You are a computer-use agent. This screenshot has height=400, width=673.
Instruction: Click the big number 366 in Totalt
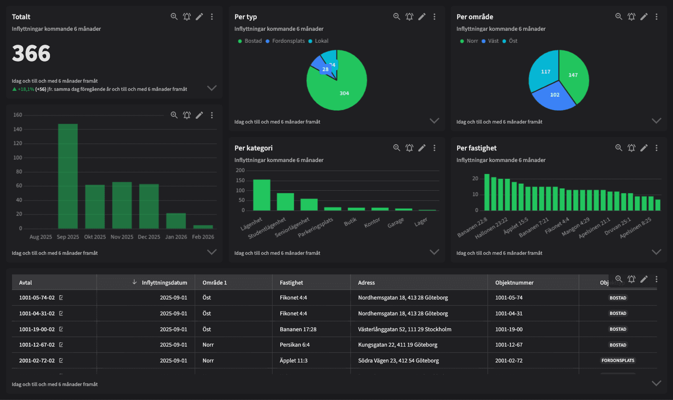pyautogui.click(x=31, y=53)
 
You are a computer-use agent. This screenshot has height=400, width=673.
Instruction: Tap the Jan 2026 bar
pyautogui.click(x=176, y=221)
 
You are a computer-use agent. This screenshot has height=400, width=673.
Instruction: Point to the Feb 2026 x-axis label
pyautogui.click(x=203, y=237)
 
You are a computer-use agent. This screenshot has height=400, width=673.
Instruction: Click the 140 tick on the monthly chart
pyautogui.click(x=18, y=129)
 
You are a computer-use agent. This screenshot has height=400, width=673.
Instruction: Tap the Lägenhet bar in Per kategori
pyautogui.click(x=262, y=195)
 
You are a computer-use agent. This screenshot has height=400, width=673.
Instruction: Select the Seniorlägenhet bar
pyautogui.click(x=309, y=204)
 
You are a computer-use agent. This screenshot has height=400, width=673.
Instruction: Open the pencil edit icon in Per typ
pyautogui.click(x=422, y=17)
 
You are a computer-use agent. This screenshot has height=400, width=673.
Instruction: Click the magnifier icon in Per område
pyautogui.click(x=619, y=17)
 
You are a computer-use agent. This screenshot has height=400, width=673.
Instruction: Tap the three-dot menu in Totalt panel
pyautogui.click(x=212, y=17)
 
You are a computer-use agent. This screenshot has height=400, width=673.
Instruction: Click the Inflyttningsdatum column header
pyautogui.click(x=164, y=283)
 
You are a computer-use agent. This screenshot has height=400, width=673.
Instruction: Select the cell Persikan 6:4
pyautogui.click(x=294, y=345)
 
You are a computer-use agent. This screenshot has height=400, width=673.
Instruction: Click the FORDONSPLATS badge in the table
pyautogui.click(x=618, y=360)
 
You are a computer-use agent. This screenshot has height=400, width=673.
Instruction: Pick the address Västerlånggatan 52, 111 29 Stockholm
pyautogui.click(x=404, y=329)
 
